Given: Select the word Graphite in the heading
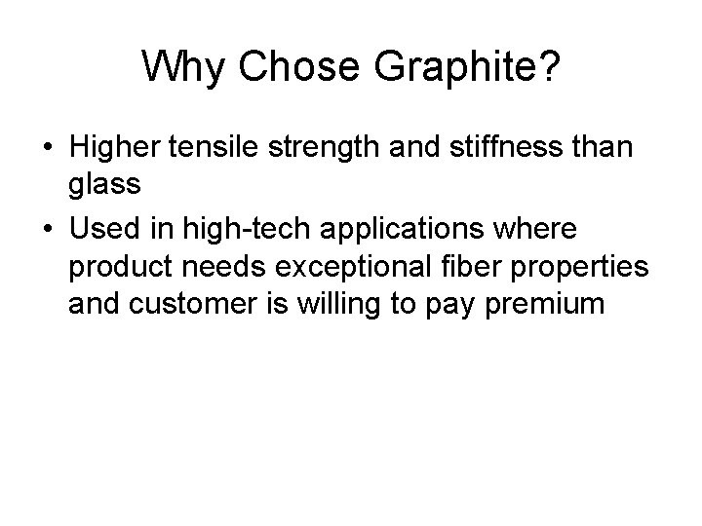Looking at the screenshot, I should coord(444,68).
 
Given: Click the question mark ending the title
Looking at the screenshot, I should coord(548,68).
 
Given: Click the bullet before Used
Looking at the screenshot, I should coord(48,229).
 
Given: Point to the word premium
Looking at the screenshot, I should coord(545,303).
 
